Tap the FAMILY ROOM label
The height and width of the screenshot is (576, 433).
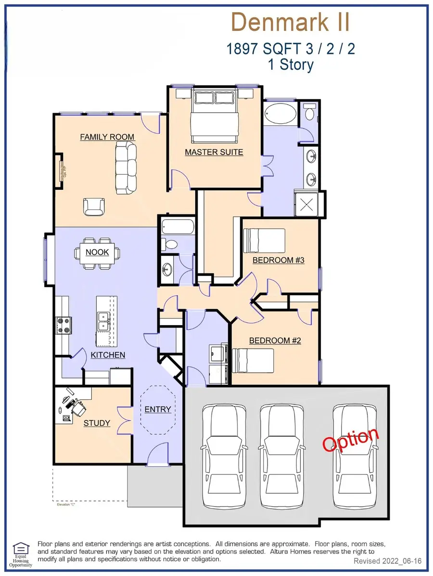pos(107,137)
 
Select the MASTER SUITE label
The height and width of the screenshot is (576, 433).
pos(214,152)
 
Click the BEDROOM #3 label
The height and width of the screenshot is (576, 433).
pos(280,260)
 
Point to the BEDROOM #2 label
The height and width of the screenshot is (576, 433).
pos(275,340)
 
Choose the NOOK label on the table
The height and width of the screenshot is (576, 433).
pos(97,252)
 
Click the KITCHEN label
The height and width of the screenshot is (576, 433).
pos(108,355)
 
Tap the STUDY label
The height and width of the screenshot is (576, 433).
pos(97,423)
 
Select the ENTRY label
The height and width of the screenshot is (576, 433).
pos(158,409)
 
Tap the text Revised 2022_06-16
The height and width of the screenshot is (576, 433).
pos(387,561)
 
